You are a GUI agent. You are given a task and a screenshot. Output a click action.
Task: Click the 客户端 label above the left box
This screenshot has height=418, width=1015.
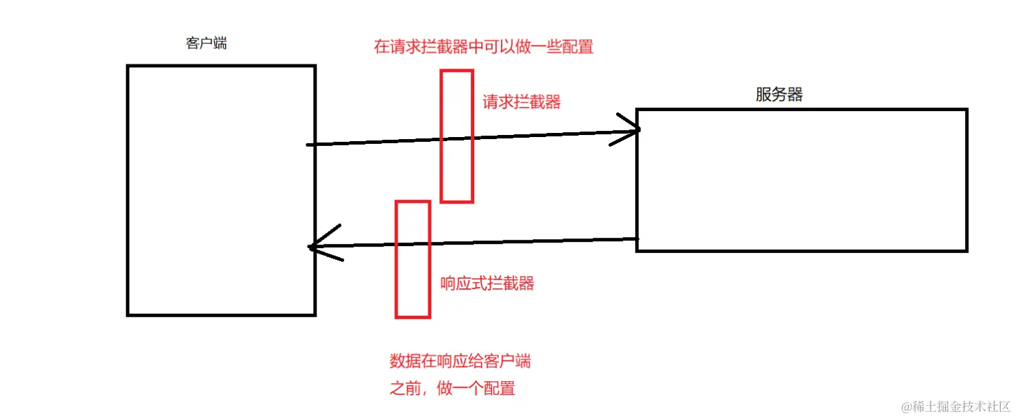pos(206,44)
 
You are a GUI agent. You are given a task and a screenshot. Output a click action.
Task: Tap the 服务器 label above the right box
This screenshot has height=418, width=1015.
pos(779,95)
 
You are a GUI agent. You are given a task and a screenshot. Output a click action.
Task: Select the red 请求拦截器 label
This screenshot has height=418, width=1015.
pos(522,102)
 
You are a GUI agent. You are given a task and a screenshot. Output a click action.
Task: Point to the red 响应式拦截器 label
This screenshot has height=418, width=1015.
pos(487,284)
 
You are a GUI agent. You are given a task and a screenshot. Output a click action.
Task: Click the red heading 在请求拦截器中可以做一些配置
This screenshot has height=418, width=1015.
pos(483,47)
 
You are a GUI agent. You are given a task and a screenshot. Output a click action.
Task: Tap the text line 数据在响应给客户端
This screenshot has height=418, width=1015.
pos(460,362)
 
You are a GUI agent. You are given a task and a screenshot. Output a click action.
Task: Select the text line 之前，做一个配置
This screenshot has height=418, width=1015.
pos(452,389)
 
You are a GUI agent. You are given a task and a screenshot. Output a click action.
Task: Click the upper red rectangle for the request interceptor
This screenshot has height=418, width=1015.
pos(456,136)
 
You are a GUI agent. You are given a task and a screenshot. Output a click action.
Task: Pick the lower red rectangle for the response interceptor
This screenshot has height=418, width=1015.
pos(413,259)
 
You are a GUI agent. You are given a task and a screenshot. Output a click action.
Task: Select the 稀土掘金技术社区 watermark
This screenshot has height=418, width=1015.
pos(957,406)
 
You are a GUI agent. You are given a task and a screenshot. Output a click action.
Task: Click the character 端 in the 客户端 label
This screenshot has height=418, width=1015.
pos(220,44)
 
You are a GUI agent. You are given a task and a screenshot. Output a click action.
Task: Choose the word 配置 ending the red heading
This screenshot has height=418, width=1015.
pos(577,47)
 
